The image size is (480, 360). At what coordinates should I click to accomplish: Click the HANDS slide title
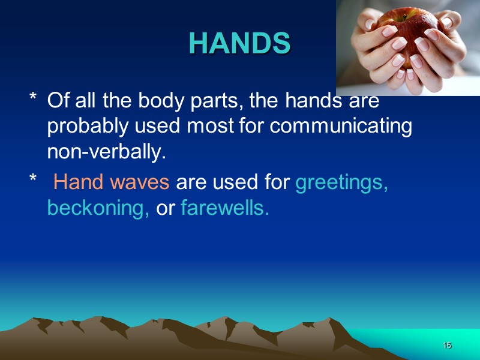[x=239, y=43]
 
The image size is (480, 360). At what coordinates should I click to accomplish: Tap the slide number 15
[x=446, y=346]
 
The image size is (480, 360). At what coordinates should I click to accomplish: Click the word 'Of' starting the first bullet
[x=59, y=101]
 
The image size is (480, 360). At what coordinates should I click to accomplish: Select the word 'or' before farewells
[x=165, y=209]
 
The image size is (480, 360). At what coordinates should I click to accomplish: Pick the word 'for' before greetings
[x=278, y=182]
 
